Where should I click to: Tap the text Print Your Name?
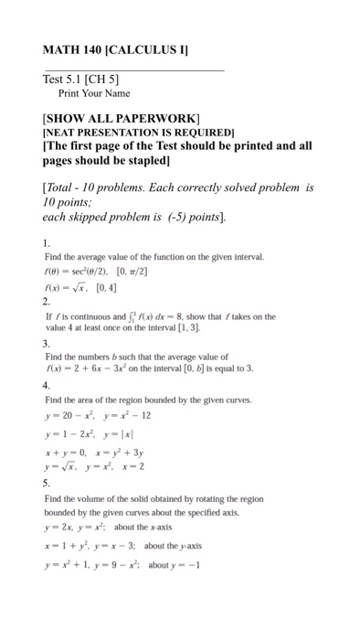coord(94,93)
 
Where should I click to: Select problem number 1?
coord(47,244)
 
